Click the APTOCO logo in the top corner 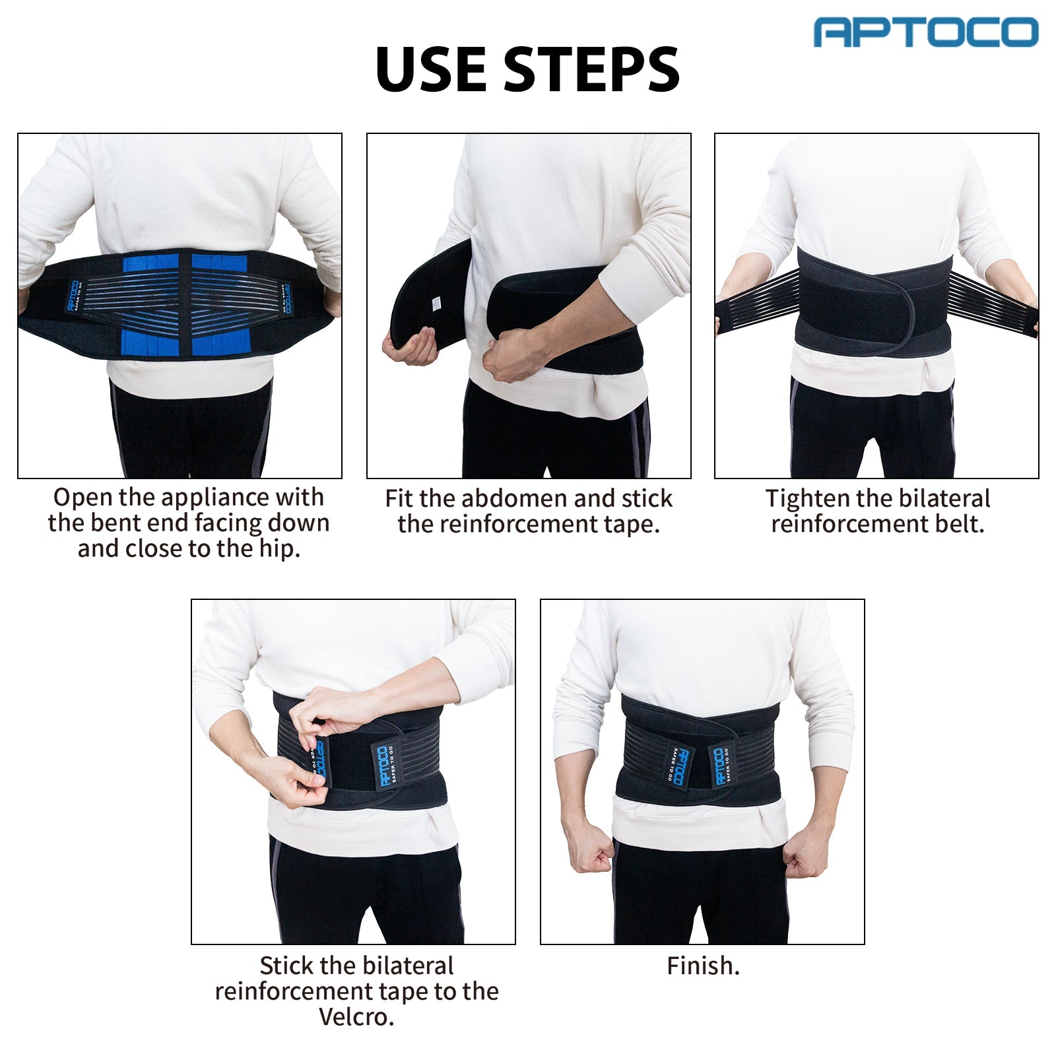tap(926, 32)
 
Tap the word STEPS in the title tap(591, 70)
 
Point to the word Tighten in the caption tap(806, 498)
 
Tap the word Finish tap(703, 966)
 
